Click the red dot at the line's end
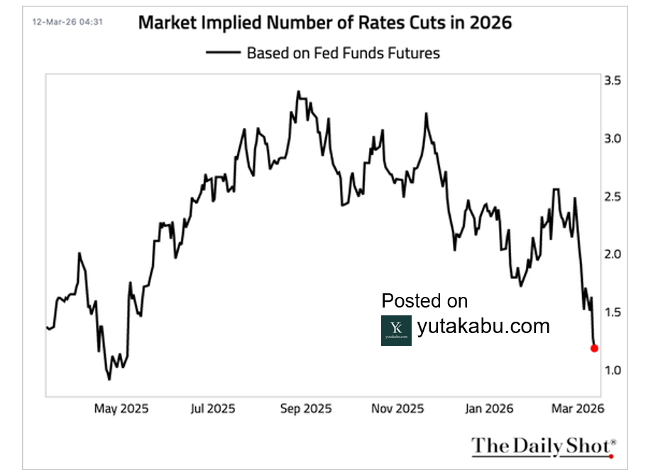coord(594,348)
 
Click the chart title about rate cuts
coord(325,22)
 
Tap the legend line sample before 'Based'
coord(222,53)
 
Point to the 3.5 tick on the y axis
coord(613,81)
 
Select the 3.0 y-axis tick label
coord(613,138)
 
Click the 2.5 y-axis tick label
coord(613,196)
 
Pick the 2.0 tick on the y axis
coord(613,254)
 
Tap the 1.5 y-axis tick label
coord(613,312)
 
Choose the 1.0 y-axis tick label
coord(613,370)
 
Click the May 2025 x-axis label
coord(121,408)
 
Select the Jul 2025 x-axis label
coord(214,408)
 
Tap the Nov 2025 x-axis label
coord(398,408)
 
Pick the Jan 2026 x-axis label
coord(488,408)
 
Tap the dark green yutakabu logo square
coord(396,330)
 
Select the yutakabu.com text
coord(483,326)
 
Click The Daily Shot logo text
coord(542,446)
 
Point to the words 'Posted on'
coord(424,301)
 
